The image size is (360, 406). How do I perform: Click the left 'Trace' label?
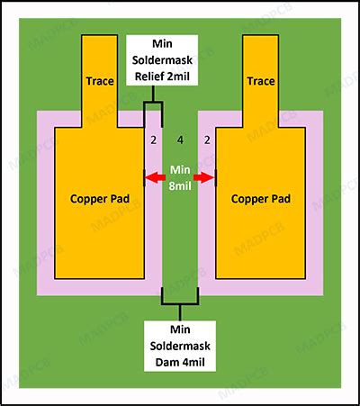coord(100,81)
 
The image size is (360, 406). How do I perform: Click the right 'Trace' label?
coord(261,81)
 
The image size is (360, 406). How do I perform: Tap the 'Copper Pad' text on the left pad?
coord(100,199)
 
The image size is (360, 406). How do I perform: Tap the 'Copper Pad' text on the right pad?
coord(261,199)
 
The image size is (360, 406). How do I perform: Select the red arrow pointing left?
coord(155,178)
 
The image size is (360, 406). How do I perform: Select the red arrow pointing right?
coord(204,178)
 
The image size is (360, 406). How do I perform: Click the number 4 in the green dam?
coord(180,140)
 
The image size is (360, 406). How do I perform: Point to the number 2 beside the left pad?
coord(153,140)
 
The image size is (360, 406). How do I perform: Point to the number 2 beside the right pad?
coord(207,140)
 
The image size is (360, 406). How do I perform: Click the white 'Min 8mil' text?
coord(180,178)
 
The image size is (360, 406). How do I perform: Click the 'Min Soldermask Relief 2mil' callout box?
coord(162,60)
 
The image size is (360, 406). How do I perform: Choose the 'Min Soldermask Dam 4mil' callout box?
coord(180,346)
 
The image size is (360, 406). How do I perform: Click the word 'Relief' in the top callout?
coord(149,77)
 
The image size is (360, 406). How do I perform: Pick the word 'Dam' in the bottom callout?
coord(166,362)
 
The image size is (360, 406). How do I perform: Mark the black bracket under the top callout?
coord(153,103)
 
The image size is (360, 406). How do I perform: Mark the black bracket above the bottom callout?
coord(180,303)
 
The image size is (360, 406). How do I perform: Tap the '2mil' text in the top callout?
coord(178,77)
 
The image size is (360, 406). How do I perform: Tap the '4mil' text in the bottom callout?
coord(192,362)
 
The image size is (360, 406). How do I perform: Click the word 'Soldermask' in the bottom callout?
coord(180,346)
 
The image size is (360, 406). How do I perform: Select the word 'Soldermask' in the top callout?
coord(162,60)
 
